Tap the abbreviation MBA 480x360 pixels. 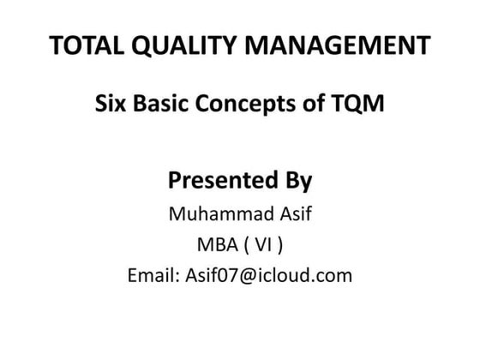(x=214, y=245)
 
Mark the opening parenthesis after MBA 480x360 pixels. (x=247, y=245)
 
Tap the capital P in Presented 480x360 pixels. (x=175, y=182)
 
